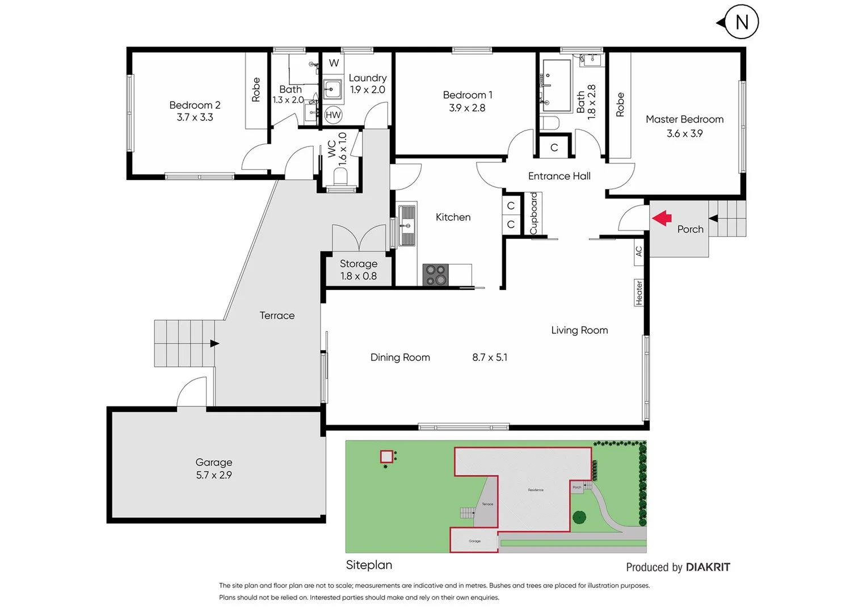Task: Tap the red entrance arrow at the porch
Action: (662, 218)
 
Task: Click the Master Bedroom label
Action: (684, 119)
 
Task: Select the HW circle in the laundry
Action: (333, 115)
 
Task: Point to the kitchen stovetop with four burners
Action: (435, 275)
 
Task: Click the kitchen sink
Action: (407, 225)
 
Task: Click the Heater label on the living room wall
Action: (639, 293)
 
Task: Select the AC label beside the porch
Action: (639, 251)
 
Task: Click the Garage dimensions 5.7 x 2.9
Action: (214, 475)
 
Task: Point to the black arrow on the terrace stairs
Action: (214, 343)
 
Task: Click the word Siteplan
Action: (369, 565)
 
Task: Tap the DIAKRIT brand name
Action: (708, 567)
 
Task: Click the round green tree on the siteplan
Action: (579, 517)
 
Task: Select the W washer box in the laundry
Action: (334, 63)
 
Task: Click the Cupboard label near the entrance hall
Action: (533, 213)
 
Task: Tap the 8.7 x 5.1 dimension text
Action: (490, 357)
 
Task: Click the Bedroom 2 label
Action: (195, 105)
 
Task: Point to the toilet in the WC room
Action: (341, 177)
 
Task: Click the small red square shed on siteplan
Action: (386, 456)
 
